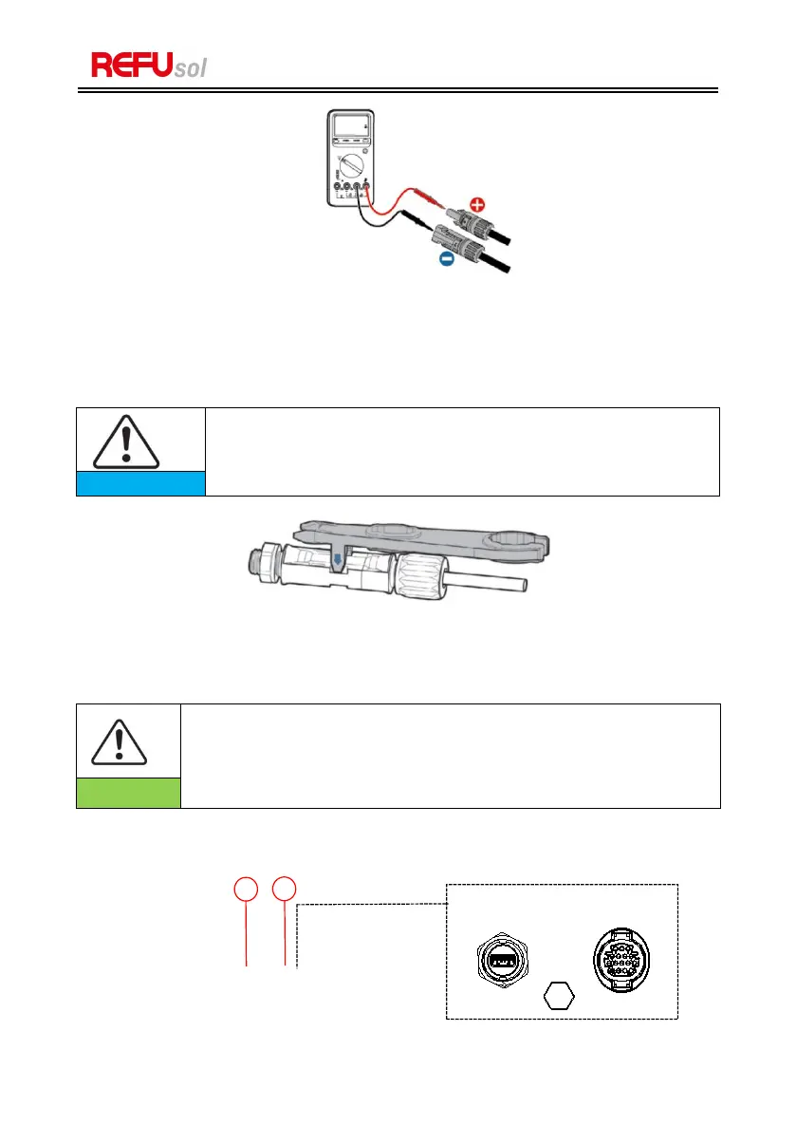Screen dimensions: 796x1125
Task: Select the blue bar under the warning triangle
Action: (x=140, y=483)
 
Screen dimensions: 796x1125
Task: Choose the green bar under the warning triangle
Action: (x=128, y=793)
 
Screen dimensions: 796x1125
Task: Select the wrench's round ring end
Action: (x=517, y=546)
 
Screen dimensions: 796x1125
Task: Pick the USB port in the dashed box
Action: (x=502, y=962)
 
